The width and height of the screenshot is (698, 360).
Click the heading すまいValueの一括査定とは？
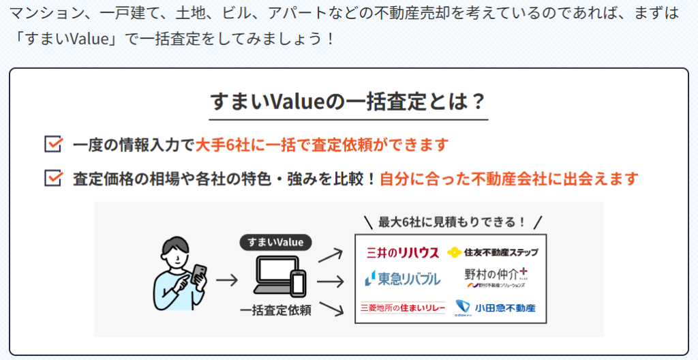tap(348, 102)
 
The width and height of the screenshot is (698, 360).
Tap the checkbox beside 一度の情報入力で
tap(52, 145)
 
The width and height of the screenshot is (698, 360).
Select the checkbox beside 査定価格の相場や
tap(52, 179)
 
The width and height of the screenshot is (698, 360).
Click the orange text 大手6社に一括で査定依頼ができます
tap(322, 145)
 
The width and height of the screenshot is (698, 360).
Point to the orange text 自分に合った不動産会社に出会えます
tap(509, 179)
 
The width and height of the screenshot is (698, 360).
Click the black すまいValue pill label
tap(275, 242)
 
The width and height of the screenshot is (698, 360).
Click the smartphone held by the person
tap(198, 273)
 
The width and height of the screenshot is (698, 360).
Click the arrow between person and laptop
tap(226, 280)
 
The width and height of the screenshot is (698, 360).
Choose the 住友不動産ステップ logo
tap(492, 252)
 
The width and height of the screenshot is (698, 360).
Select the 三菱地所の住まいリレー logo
tap(402, 308)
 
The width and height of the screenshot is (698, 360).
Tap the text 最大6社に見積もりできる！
tap(453, 222)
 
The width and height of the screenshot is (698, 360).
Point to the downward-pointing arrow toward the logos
tap(330, 309)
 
